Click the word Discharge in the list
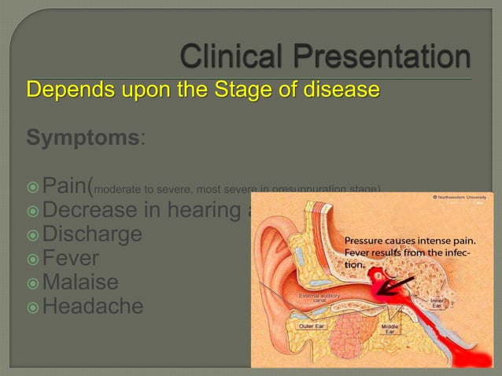click(x=92, y=234)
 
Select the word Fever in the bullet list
click(x=72, y=257)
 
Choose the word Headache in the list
click(x=93, y=305)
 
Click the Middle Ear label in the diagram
click(x=389, y=327)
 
